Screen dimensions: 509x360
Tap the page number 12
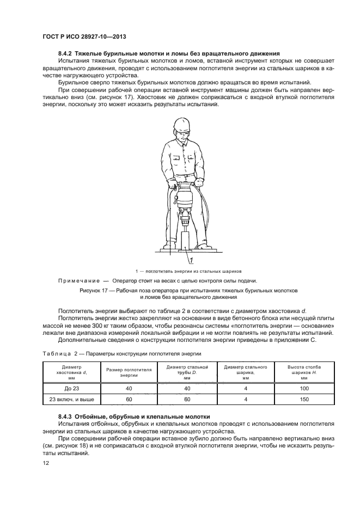[45, 463]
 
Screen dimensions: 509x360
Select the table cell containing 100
[303, 388]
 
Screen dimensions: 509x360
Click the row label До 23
[71, 388]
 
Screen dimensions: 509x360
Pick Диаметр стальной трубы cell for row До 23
[187, 388]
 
